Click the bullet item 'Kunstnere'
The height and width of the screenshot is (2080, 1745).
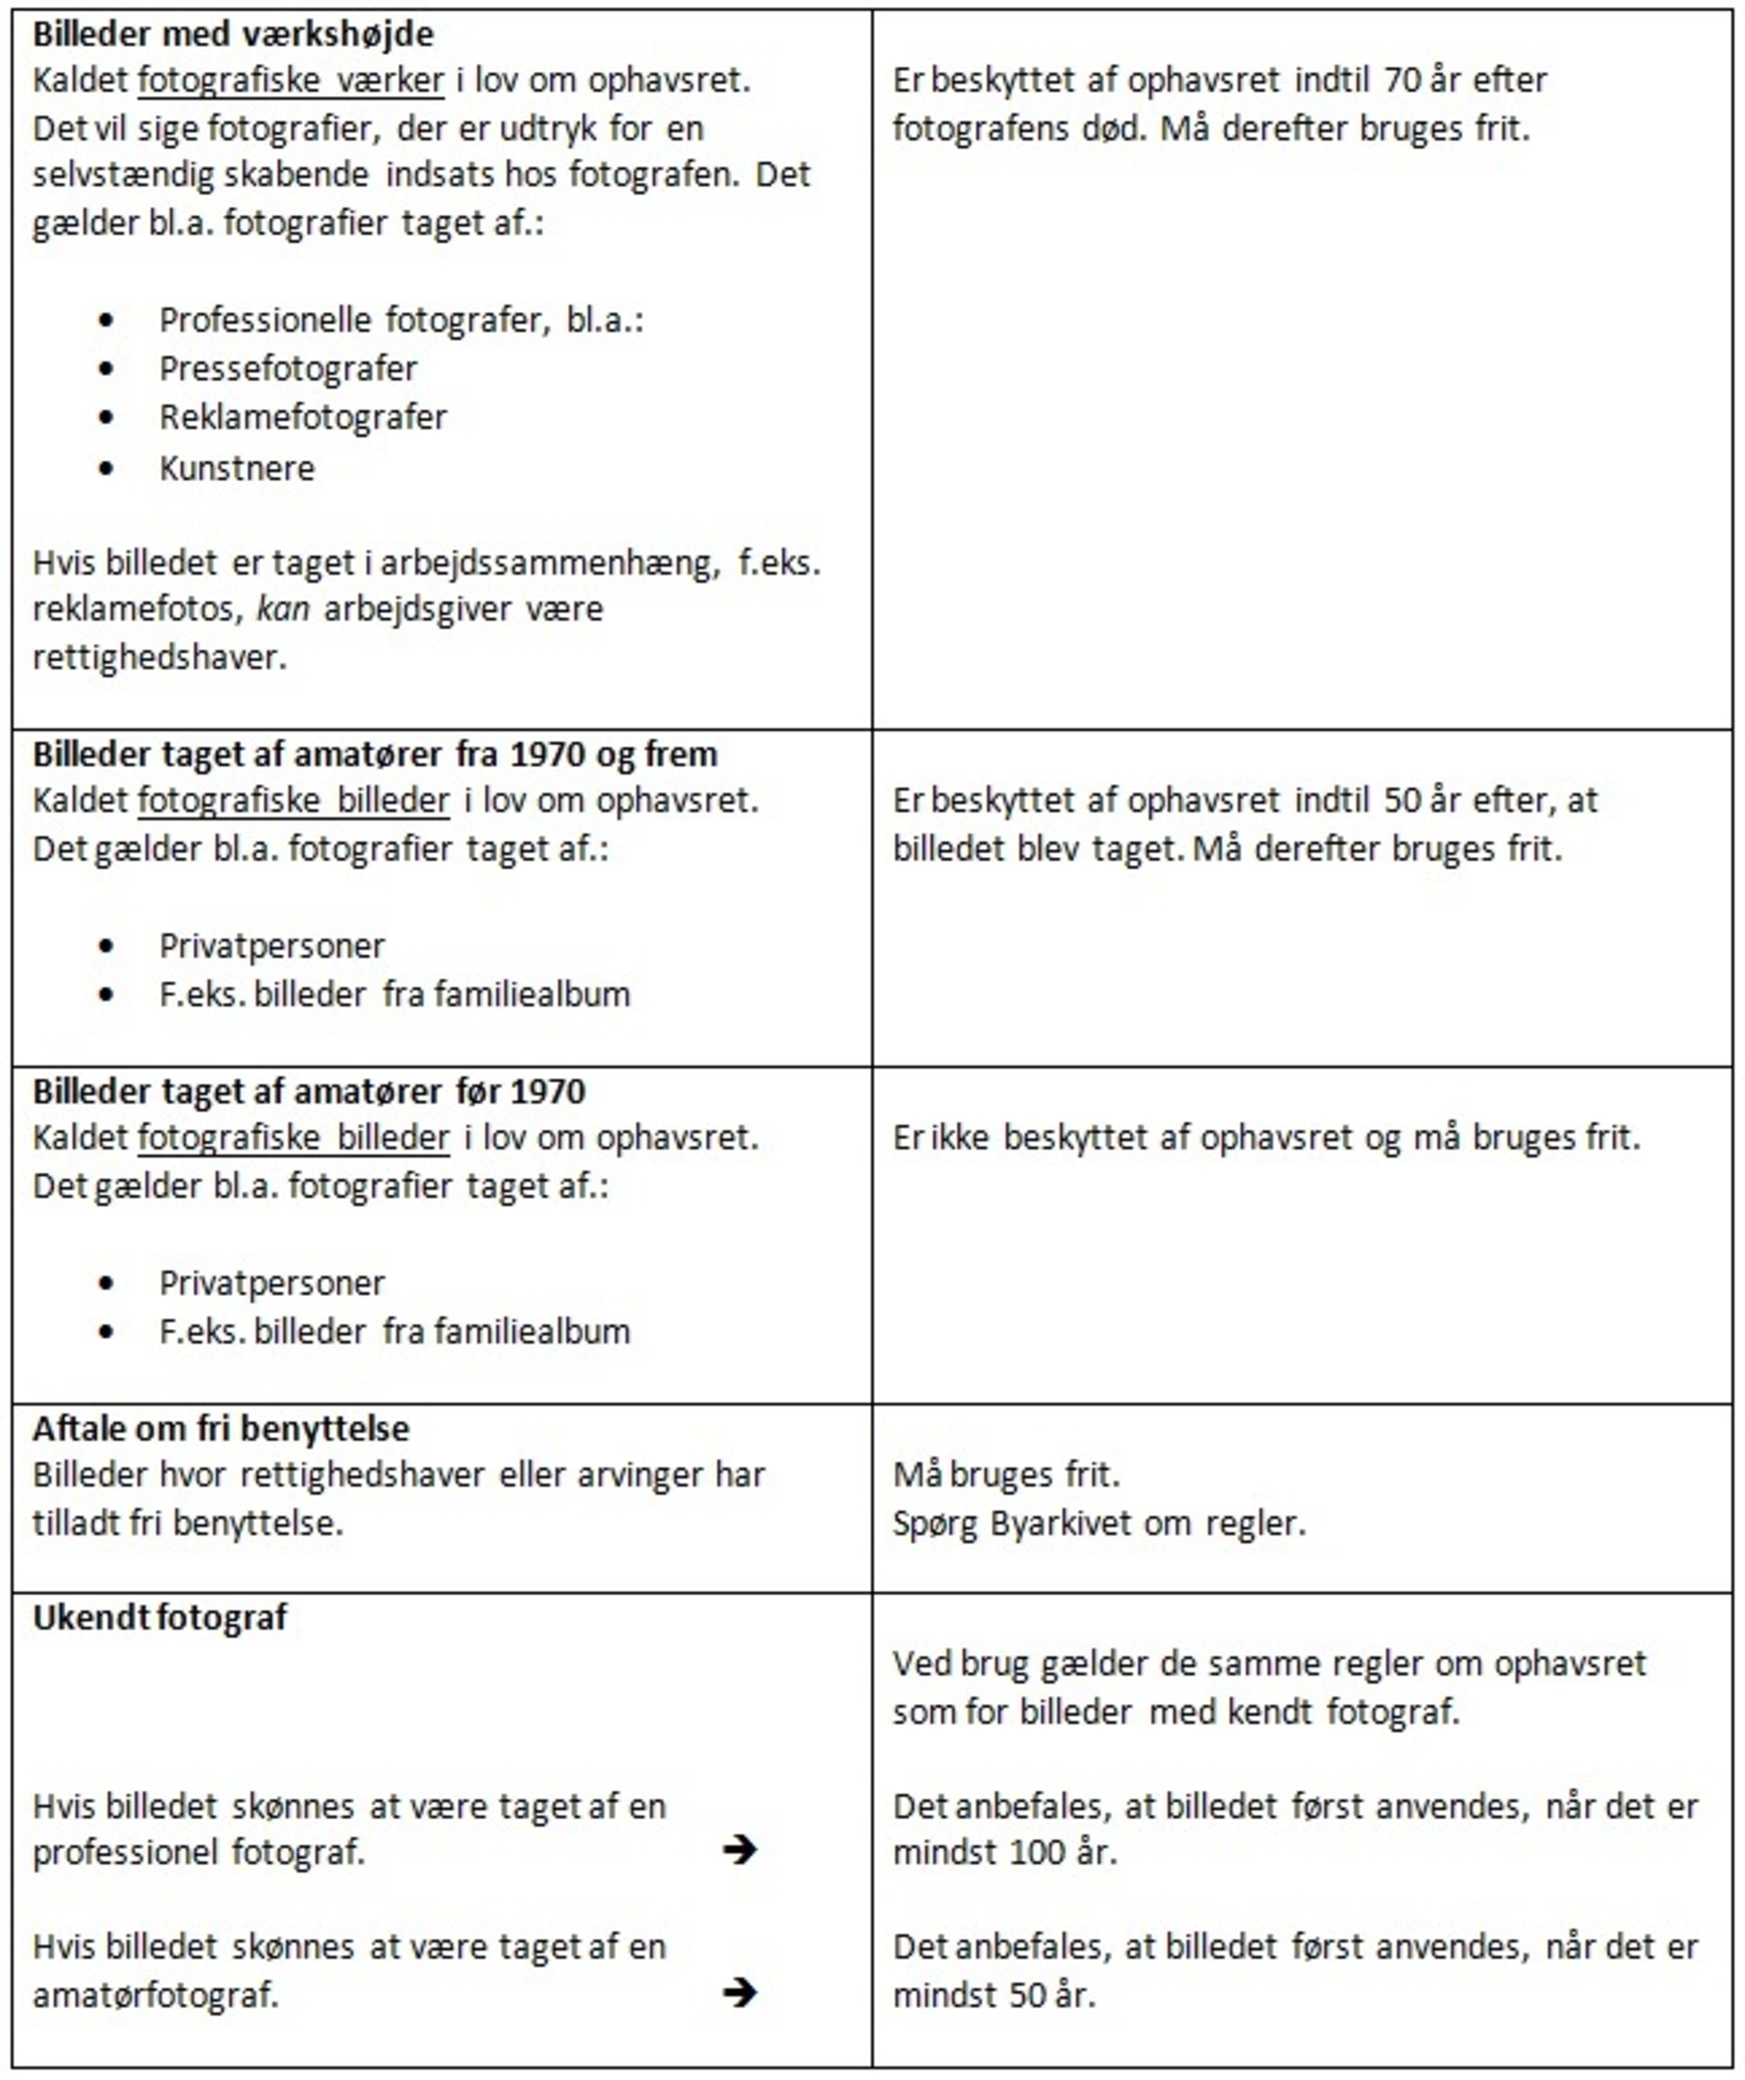click(237, 467)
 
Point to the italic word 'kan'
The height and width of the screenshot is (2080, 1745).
click(282, 608)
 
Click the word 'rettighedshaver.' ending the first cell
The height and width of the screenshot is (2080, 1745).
click(159, 657)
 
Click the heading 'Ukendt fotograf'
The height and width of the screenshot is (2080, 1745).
click(159, 1617)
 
